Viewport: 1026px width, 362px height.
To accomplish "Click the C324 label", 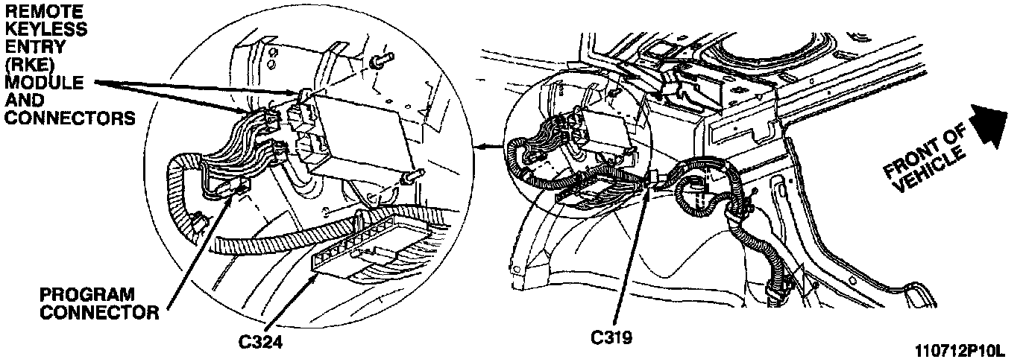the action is point(260,341).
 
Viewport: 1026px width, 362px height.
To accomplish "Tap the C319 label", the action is point(611,338).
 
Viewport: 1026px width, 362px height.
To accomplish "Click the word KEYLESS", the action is point(45,29).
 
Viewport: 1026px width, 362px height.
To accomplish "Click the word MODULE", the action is point(44,82).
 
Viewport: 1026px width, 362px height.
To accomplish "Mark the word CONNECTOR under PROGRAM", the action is point(98,312).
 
